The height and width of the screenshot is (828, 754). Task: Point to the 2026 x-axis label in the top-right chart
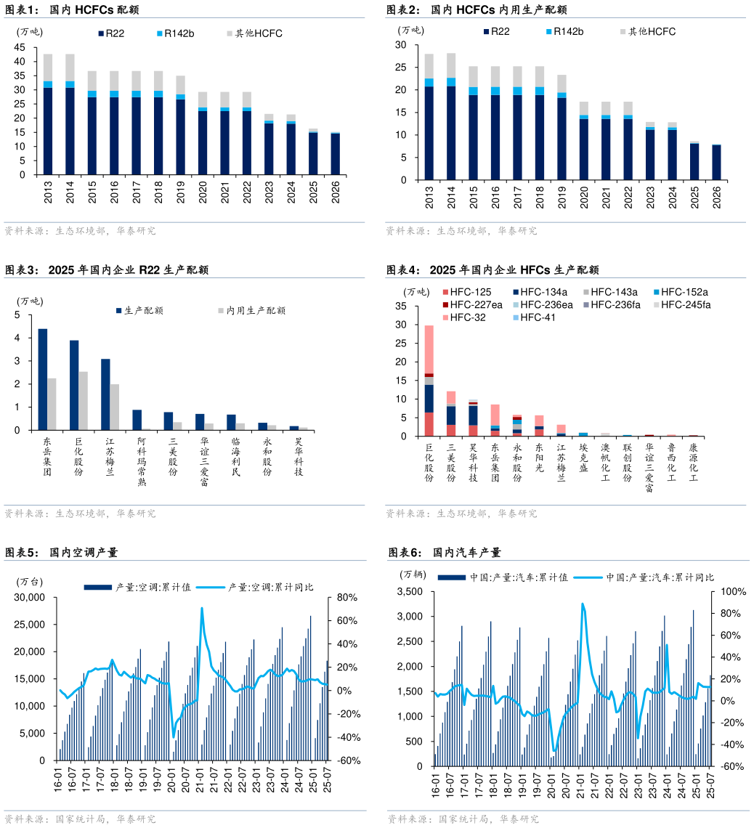(x=716, y=197)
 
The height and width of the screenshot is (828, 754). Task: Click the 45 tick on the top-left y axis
(x=20, y=47)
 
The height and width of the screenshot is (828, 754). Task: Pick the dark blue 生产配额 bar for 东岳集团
(x=43, y=379)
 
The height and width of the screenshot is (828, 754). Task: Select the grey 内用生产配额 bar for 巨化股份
(x=84, y=401)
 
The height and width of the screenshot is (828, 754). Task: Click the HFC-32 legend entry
(x=468, y=317)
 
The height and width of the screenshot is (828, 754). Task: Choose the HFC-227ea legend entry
(x=476, y=304)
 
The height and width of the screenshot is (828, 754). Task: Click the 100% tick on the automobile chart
(x=733, y=592)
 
